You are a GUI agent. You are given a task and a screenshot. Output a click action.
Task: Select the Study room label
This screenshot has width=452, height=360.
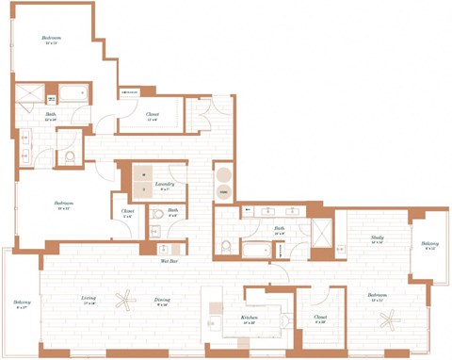coord(377,239)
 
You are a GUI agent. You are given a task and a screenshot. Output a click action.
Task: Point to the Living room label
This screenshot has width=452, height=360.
coord(89,301)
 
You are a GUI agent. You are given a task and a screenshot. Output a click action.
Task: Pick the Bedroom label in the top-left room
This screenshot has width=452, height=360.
coord(51,39)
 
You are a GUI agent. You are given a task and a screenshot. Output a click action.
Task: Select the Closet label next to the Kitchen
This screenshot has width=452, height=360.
coord(320,318)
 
